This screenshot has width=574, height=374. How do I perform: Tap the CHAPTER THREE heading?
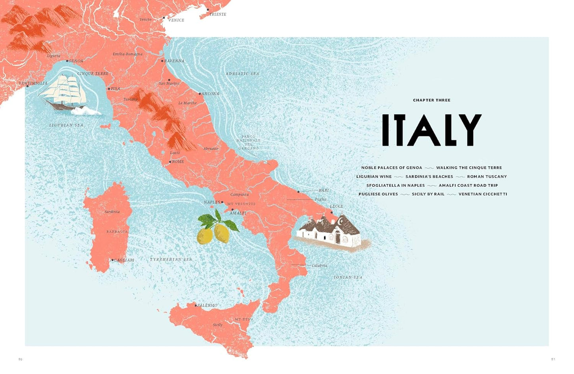tap(431, 100)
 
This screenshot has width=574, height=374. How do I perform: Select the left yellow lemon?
tap(205, 236)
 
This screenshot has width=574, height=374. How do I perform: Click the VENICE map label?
tap(176, 20)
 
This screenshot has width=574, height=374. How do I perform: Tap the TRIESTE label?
tap(218, 14)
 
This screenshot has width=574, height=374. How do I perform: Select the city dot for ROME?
tap(170, 162)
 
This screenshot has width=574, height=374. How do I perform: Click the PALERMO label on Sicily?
tap(207, 305)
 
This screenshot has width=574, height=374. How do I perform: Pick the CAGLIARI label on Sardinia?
tap(124, 260)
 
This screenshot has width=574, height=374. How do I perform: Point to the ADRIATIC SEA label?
tap(242, 74)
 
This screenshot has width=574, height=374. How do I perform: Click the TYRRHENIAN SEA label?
tap(171, 259)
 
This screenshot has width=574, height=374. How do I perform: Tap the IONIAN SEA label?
tap(348, 277)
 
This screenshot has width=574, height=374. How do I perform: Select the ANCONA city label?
tap(211, 94)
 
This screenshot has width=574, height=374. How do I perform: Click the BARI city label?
tap(324, 190)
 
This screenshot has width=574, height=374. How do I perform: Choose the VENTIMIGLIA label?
tap(33, 83)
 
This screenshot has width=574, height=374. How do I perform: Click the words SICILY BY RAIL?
tap(428, 194)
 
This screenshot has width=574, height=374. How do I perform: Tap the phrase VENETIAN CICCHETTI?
tap(483, 194)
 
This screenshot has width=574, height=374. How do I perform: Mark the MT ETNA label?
tap(244, 319)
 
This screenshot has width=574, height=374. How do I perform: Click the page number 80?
tap(21, 359)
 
